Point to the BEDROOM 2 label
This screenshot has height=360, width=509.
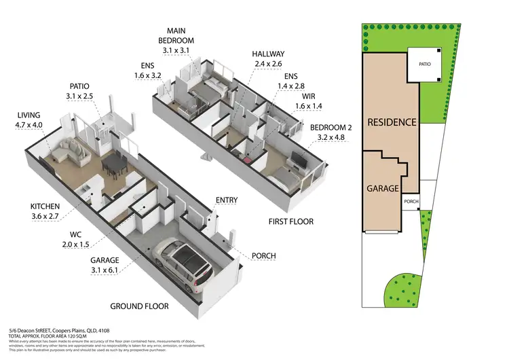click(x=331, y=132)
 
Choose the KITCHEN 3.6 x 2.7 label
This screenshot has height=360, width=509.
click(x=45, y=211)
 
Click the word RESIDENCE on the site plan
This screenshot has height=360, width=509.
click(x=391, y=123)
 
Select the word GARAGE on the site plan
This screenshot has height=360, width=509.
click(x=383, y=188)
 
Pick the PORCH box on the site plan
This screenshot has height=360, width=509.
click(x=411, y=202)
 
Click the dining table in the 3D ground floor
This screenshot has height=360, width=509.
click(x=114, y=163)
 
